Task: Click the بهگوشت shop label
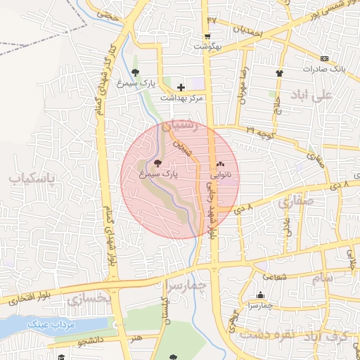tap(207, 46)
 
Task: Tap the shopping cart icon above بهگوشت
tap(207, 37)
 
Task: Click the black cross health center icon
tap(181, 87)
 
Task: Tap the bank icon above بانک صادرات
tap(323, 58)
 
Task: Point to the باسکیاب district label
tap(32, 179)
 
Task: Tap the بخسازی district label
tap(89, 299)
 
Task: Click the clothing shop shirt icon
tap(280, 72)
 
